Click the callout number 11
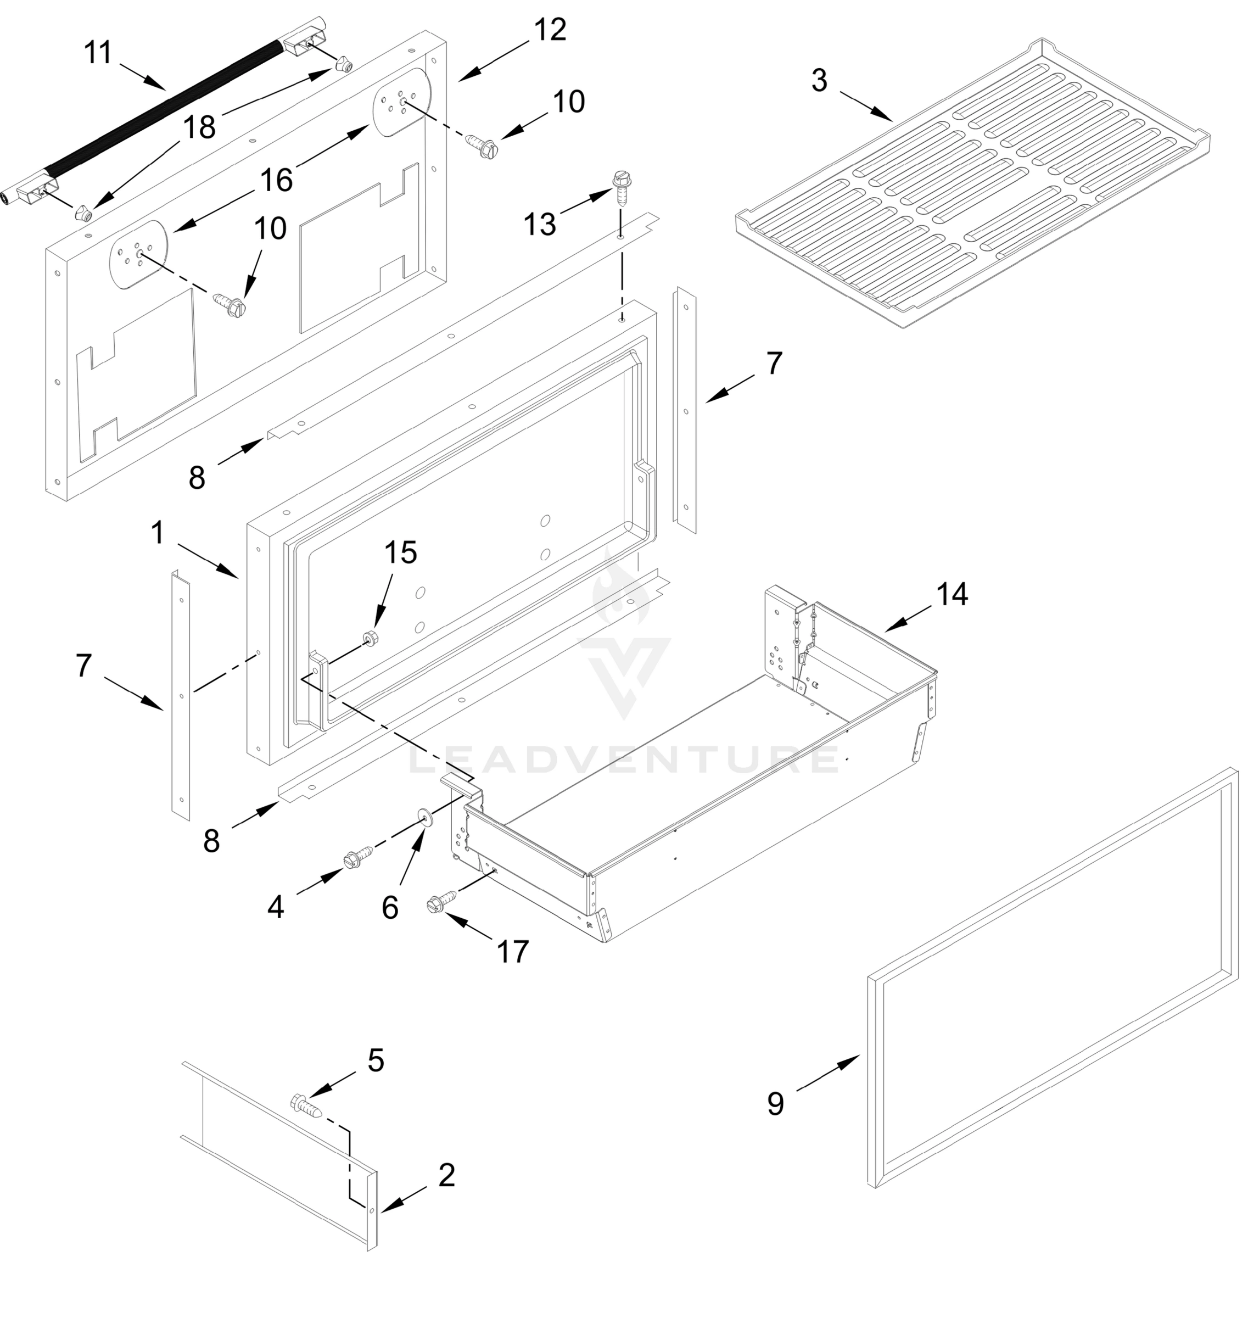point(98,53)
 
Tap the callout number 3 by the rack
point(819,81)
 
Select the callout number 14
point(952,594)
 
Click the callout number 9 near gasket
point(776,1104)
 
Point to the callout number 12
point(550,30)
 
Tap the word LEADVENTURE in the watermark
point(623,759)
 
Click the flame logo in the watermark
point(622,585)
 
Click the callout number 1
point(158,532)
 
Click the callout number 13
point(540,224)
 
